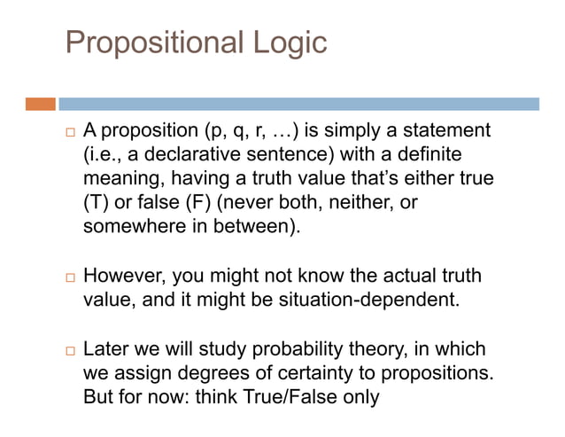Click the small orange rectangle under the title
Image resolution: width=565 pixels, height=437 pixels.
click(x=40, y=104)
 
